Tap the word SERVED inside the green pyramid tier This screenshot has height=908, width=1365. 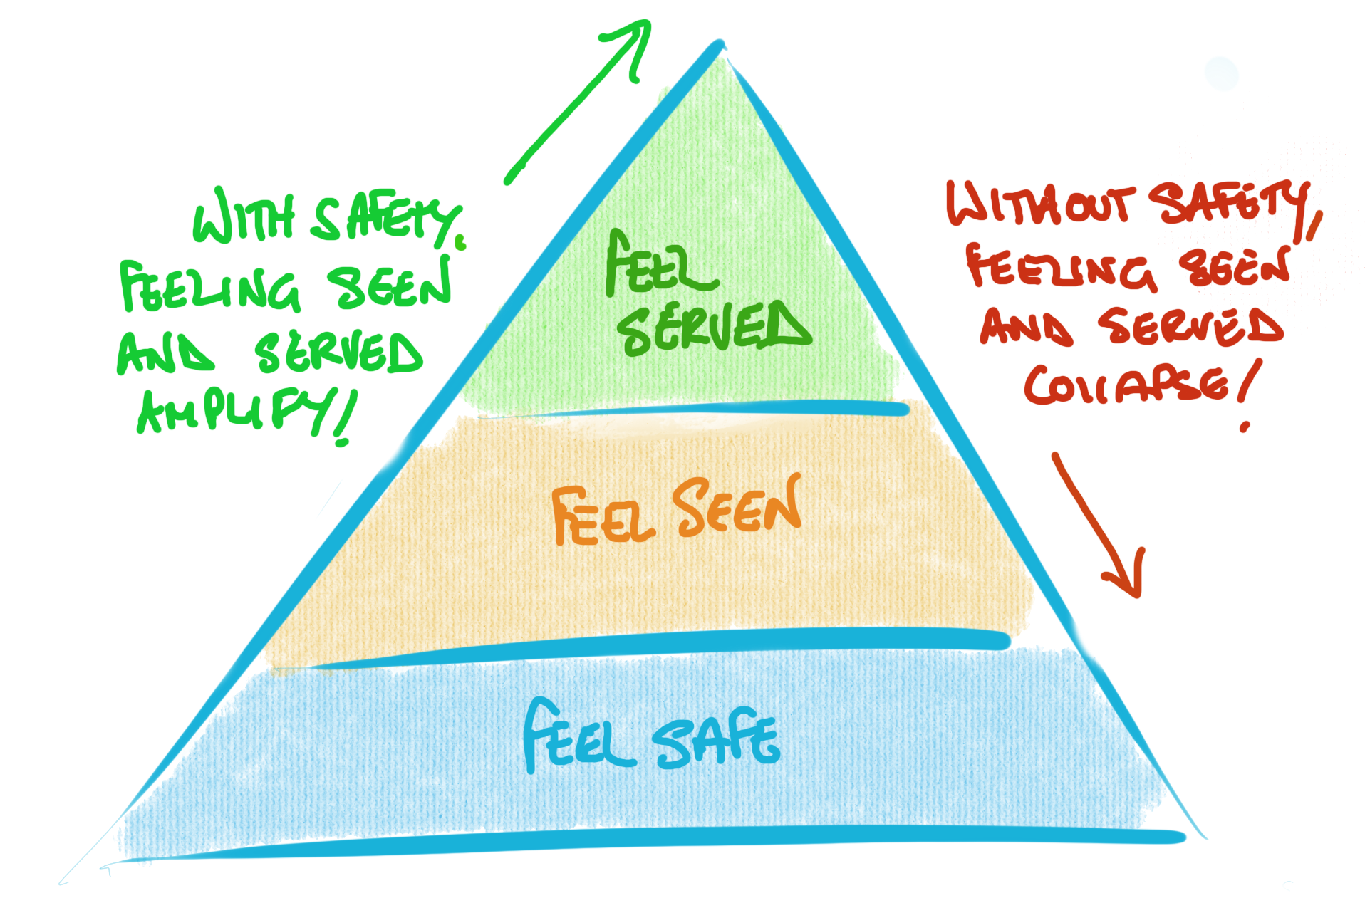coord(712,328)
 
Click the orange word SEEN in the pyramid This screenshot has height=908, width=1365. coord(738,507)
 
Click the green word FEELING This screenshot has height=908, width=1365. coord(210,288)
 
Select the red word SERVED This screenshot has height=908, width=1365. coord(1190,328)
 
